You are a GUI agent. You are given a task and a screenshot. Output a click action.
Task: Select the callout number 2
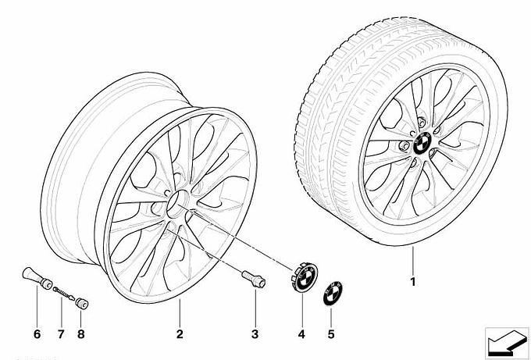(180, 335)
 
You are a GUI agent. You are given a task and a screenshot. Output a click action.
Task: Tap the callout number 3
(255, 335)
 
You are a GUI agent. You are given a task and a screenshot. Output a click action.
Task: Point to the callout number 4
(301, 335)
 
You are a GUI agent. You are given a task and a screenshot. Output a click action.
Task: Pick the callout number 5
(330, 335)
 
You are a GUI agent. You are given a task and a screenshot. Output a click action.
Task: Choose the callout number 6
(35, 335)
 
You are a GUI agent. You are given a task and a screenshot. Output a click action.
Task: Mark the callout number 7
(60, 335)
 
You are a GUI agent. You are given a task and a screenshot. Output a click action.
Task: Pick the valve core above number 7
(62, 294)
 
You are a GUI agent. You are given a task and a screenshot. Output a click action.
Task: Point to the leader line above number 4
(301, 312)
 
